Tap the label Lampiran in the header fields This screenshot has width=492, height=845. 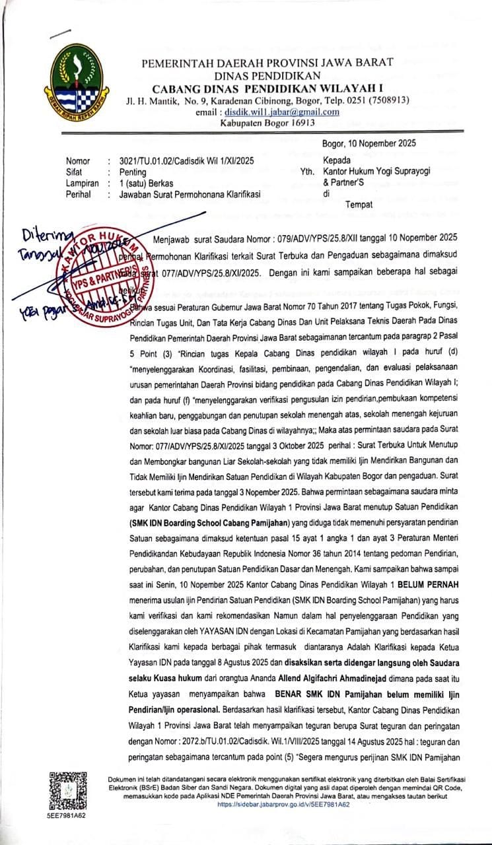coord(82,183)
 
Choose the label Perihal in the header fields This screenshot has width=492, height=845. coord(79,194)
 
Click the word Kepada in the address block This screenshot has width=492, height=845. coord(337,160)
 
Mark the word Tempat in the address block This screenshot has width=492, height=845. coord(359,205)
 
